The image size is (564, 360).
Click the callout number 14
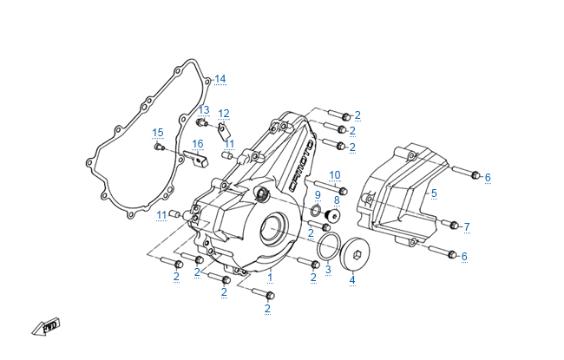(220, 80)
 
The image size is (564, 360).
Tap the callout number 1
(270, 278)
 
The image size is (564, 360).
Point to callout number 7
(466, 227)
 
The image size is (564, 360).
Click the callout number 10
(334, 175)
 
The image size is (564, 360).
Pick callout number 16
(198, 144)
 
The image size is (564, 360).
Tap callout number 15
(158, 133)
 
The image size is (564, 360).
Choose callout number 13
(204, 110)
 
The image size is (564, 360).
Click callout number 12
(224, 114)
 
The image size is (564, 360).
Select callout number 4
(352, 280)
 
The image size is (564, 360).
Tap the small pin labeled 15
(158, 148)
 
